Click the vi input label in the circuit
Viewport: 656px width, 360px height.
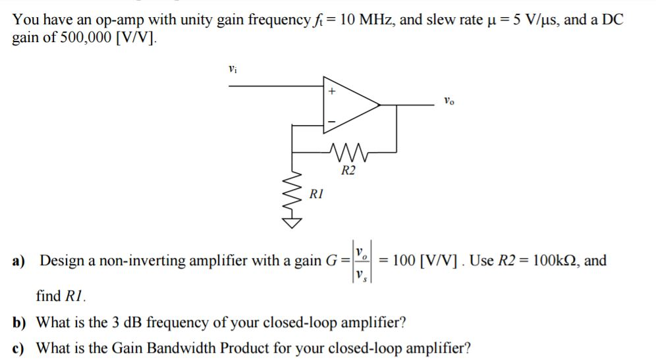[x=231, y=68]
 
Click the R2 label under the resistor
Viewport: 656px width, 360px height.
[x=348, y=171]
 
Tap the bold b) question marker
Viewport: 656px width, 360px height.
[x=19, y=323]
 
